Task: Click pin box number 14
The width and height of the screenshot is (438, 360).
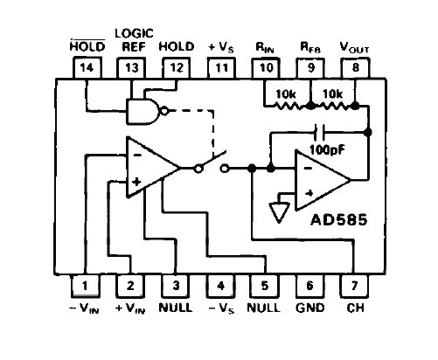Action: (87, 68)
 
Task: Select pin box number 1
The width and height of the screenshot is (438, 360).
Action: (86, 286)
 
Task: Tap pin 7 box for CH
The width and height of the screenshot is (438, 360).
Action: (354, 286)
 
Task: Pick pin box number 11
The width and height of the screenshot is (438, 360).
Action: (221, 68)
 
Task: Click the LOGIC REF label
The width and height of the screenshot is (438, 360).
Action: (134, 40)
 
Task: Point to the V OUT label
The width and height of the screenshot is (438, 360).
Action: (354, 47)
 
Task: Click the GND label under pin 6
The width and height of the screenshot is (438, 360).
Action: (310, 308)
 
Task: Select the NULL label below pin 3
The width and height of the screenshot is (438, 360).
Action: (176, 308)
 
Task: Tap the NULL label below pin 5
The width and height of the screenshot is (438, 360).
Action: (264, 308)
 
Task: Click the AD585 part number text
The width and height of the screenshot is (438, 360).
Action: (339, 220)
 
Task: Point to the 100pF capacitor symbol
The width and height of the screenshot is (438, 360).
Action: (319, 133)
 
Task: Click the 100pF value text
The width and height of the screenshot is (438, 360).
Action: (327, 149)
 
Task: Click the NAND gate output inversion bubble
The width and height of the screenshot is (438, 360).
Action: (165, 111)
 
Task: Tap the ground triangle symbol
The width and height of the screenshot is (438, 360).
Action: (280, 212)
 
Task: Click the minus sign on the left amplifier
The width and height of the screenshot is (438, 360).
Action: (137, 155)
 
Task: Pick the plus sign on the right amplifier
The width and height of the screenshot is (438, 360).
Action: (309, 193)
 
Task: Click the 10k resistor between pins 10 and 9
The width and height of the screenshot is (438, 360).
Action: (287, 106)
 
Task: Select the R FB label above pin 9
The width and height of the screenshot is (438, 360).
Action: (310, 48)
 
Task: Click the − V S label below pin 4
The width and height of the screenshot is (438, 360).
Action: (221, 308)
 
